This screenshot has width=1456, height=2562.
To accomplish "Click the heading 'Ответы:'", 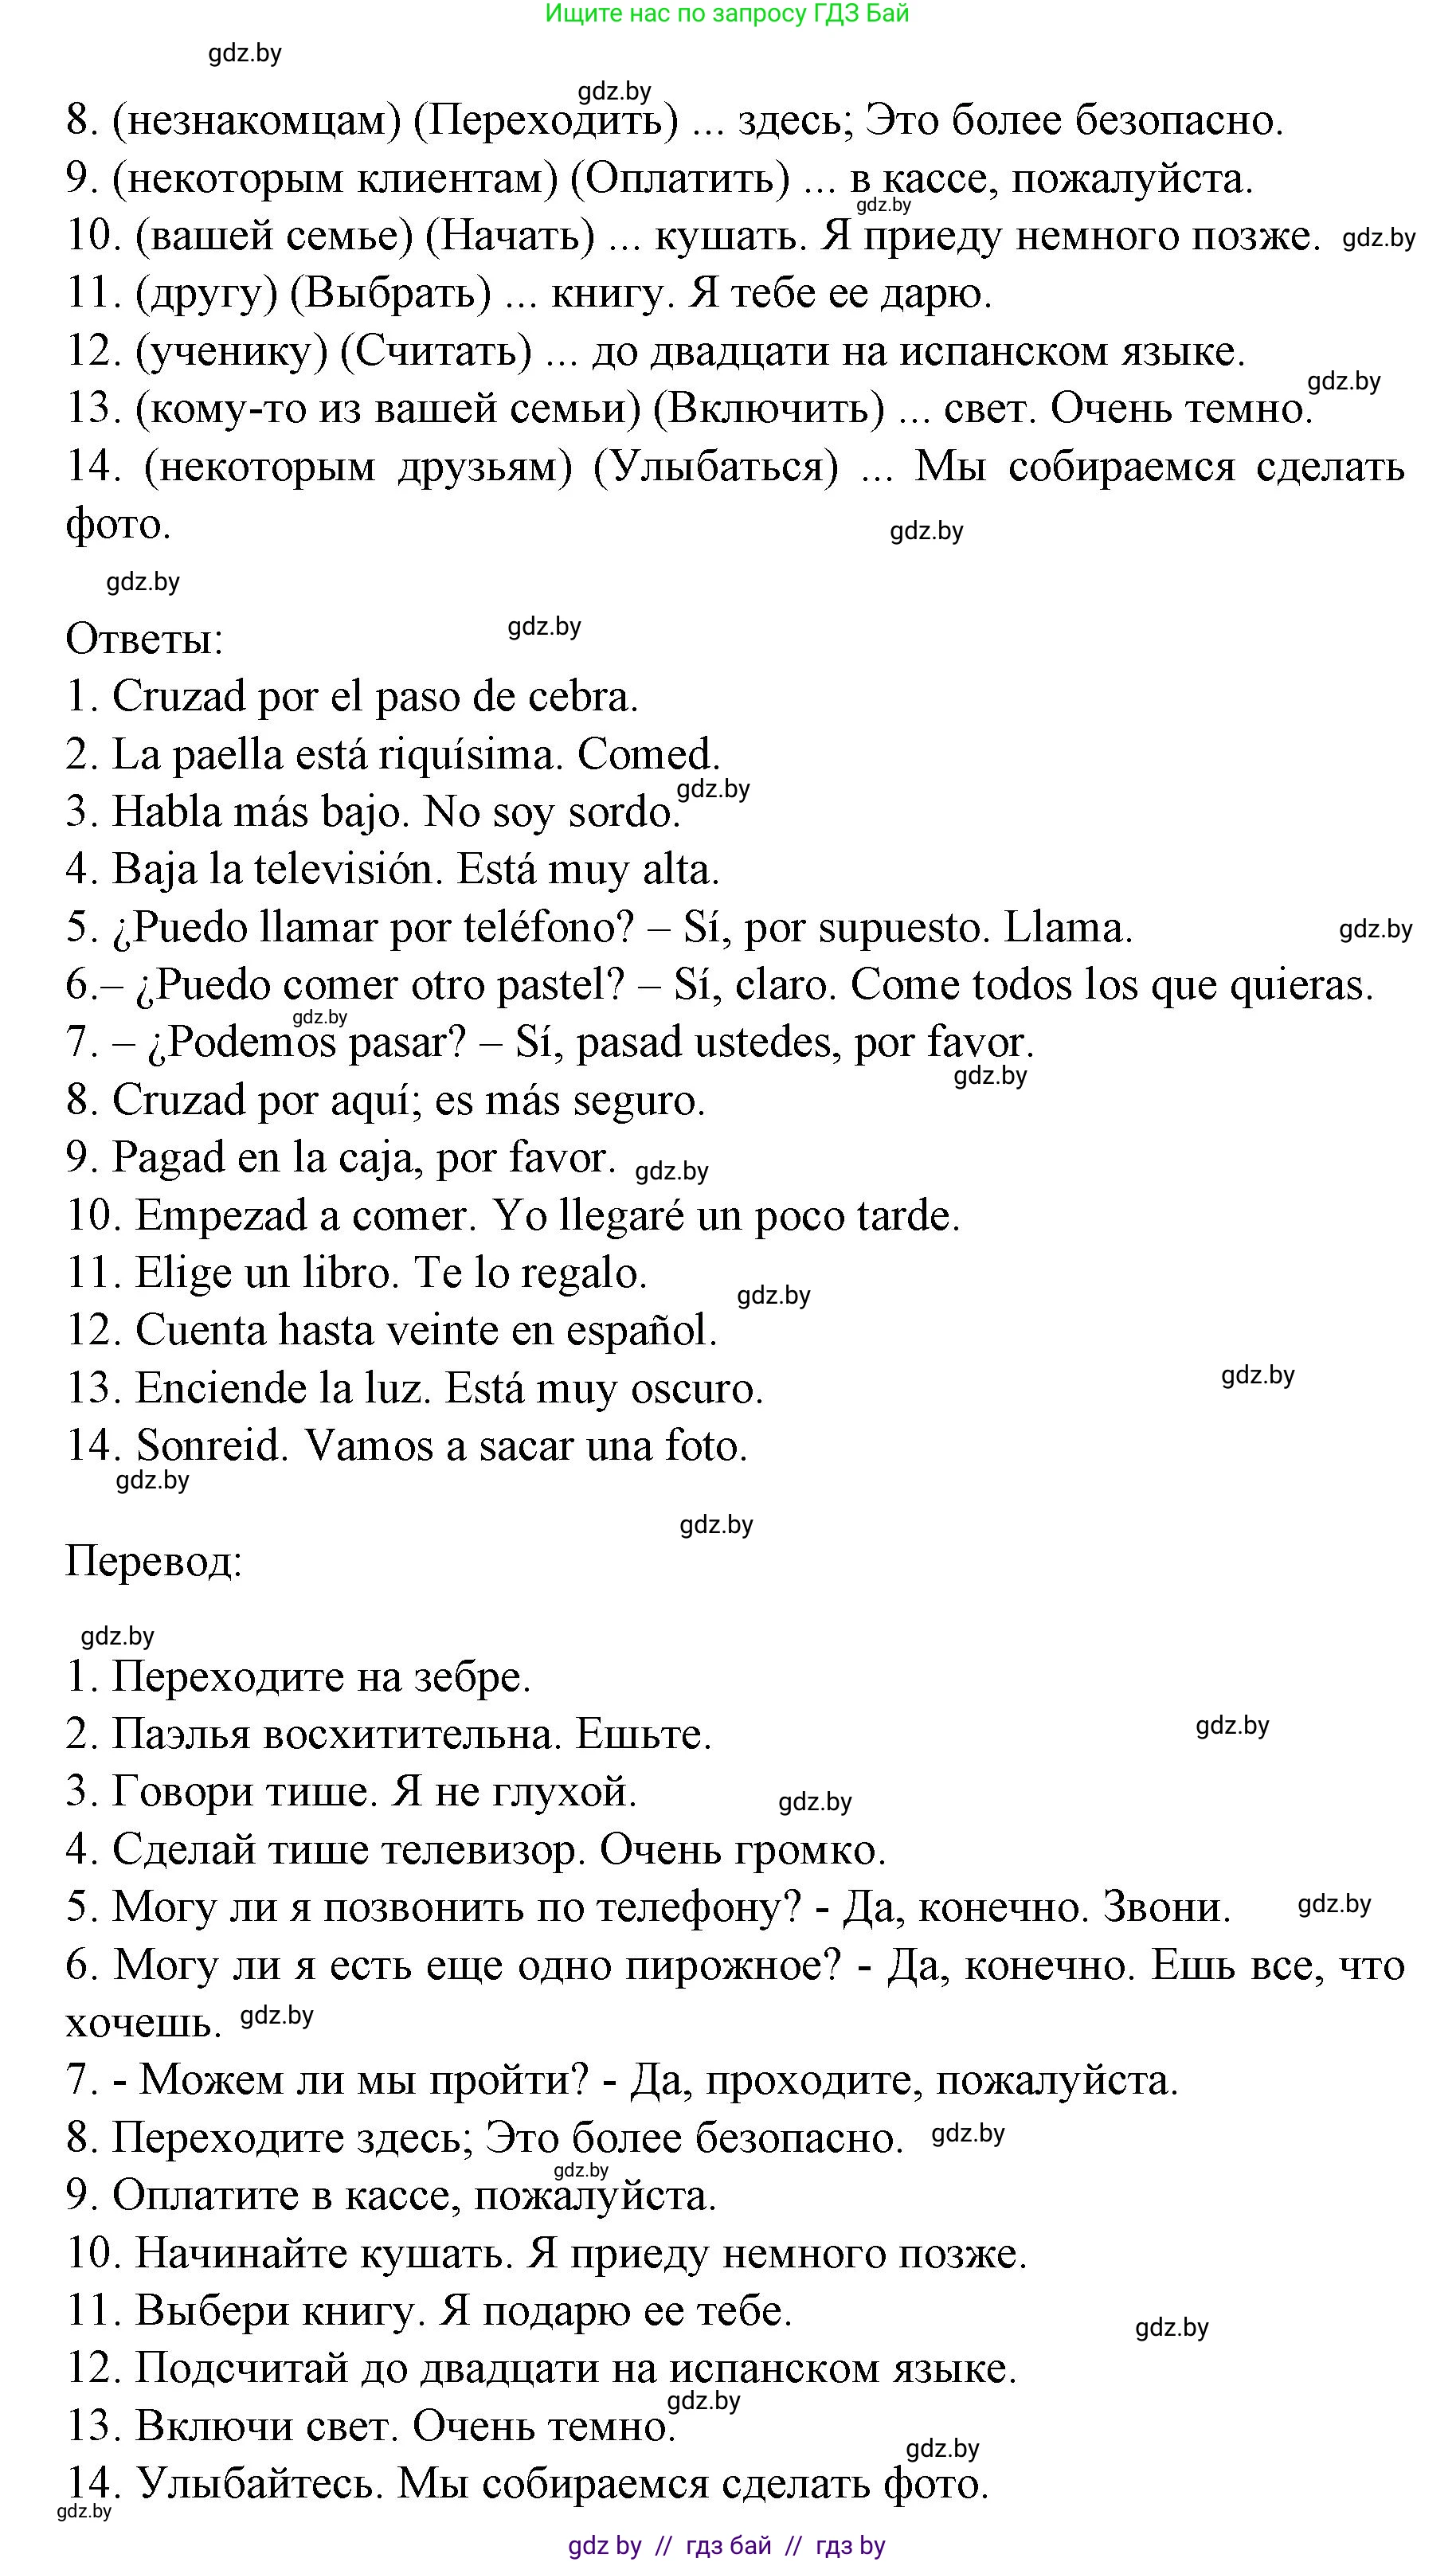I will (144, 640).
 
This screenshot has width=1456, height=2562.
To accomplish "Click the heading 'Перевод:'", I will (153, 1560).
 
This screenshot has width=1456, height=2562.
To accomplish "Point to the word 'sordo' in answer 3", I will (623, 812).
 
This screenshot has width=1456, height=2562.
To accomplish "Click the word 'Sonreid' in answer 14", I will (211, 1446).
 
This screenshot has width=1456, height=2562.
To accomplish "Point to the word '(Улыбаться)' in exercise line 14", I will (715, 467).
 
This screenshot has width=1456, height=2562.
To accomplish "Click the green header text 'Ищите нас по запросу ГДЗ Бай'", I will (727, 14).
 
